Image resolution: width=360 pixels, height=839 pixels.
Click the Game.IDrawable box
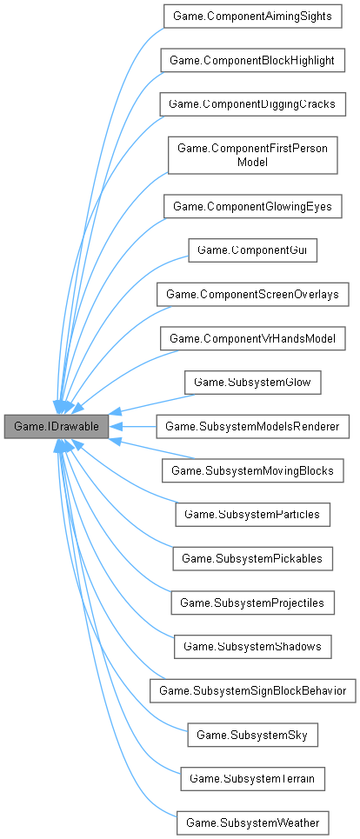click(57, 427)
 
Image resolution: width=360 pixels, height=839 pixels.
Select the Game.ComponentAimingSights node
click(252, 16)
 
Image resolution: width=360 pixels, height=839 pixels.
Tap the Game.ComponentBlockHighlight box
click(252, 60)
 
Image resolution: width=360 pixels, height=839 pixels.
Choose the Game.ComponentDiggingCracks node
click(252, 103)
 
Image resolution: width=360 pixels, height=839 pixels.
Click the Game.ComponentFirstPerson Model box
click(252, 155)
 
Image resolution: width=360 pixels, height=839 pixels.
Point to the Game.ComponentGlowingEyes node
click(252, 206)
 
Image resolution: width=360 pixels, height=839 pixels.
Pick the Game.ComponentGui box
click(252, 250)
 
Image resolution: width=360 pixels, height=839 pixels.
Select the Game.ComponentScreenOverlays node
click(252, 294)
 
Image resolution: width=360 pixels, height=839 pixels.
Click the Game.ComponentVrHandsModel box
click(252, 338)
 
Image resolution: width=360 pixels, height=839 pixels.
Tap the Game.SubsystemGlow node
click(252, 383)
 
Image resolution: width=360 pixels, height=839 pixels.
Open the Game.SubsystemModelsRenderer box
click(252, 427)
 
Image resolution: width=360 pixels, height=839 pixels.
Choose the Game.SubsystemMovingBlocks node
click(252, 470)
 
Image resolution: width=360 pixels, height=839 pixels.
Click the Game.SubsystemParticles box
click(252, 515)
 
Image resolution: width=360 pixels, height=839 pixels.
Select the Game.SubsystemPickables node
click(252, 559)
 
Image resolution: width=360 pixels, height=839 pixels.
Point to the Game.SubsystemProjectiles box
click(252, 603)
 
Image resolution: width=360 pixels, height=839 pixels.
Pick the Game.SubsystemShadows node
click(252, 647)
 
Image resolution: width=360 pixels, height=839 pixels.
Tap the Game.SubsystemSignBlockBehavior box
click(252, 691)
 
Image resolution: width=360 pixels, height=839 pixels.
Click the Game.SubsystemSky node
click(252, 735)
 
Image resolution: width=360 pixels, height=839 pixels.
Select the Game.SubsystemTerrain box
click(252, 779)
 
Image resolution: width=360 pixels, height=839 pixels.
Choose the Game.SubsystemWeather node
click(252, 822)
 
